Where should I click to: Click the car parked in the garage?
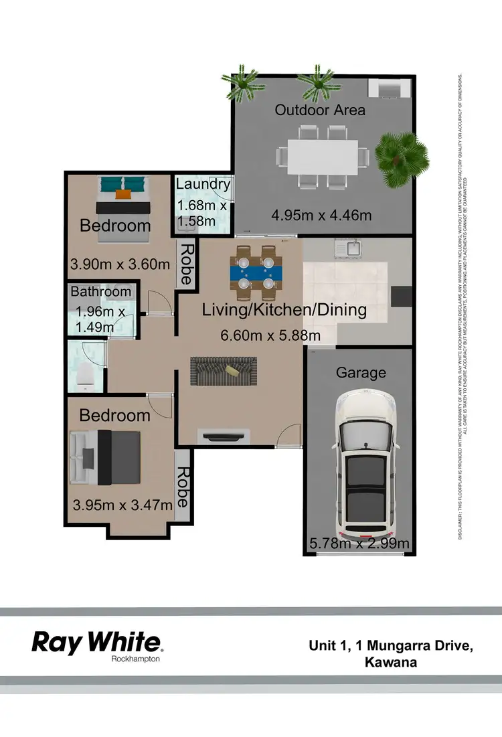pyautogui.click(x=365, y=465)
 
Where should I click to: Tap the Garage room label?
pyautogui.click(x=361, y=373)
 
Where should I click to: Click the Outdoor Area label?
pyautogui.click(x=320, y=109)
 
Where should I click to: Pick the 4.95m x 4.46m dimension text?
pyautogui.click(x=321, y=215)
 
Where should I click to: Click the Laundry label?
pyautogui.click(x=203, y=184)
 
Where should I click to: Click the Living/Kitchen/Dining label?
pyautogui.click(x=284, y=310)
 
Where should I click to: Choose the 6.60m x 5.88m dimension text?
pyautogui.click(x=270, y=335)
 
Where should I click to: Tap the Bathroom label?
pyautogui.click(x=101, y=291)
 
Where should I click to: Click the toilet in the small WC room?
pyautogui.click(x=84, y=377)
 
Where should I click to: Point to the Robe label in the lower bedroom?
pyautogui.click(x=182, y=487)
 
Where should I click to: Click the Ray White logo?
pyautogui.click(x=98, y=644)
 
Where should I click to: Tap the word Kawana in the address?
pyautogui.click(x=392, y=663)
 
